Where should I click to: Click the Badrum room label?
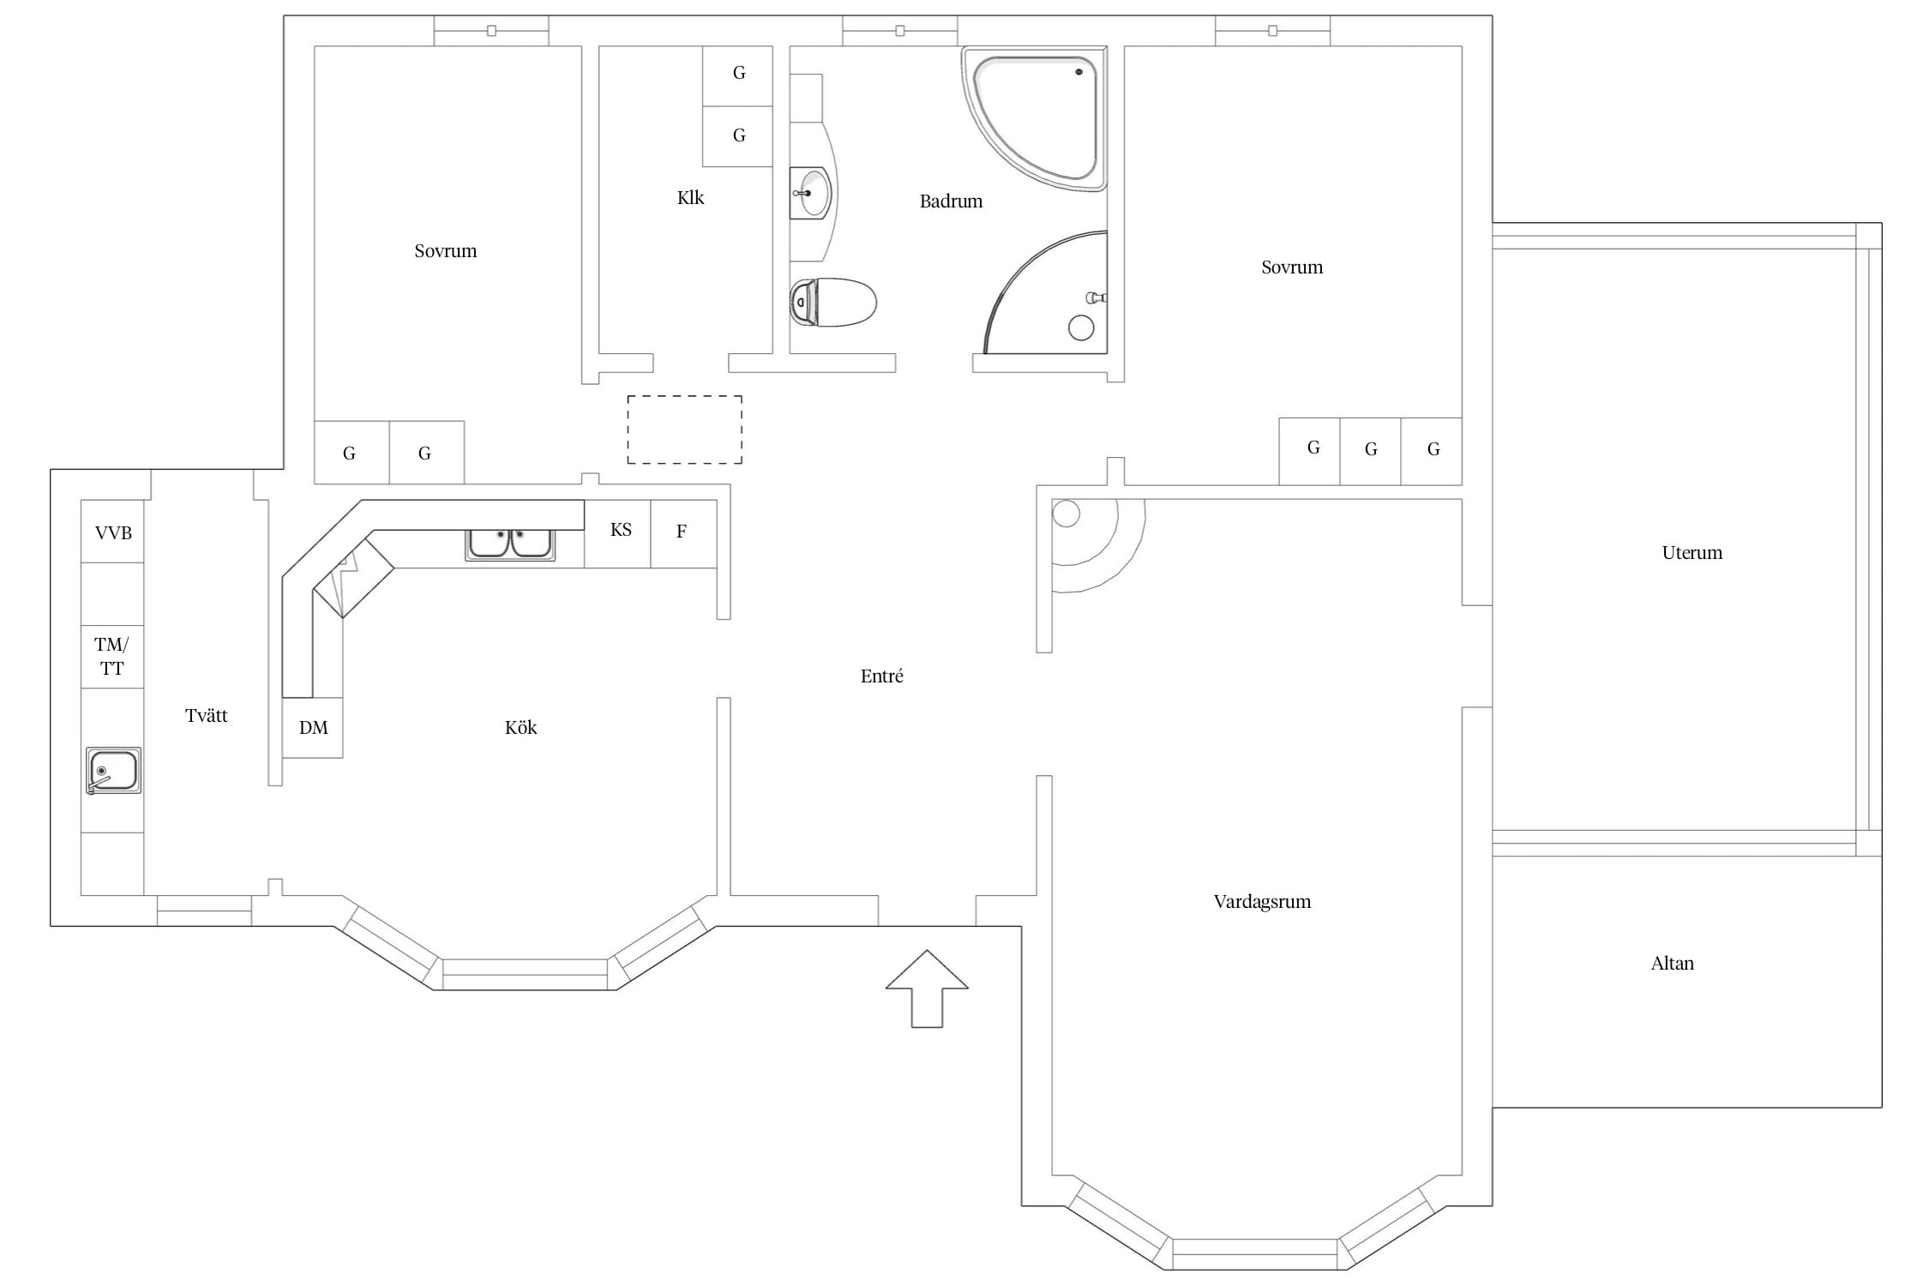coord(951,201)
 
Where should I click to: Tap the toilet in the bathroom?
coord(832,303)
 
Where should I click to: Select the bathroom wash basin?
coord(810,194)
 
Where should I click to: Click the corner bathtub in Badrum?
coord(1034,117)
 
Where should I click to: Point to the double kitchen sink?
coord(510,544)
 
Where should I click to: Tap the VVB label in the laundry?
coord(113,533)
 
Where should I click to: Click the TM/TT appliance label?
coord(111,657)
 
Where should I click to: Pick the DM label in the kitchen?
coord(313,728)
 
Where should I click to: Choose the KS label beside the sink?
coord(621,530)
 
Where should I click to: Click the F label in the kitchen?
coord(682,532)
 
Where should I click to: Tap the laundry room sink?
coord(113,771)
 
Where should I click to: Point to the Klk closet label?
coord(690,198)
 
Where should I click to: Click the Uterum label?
coord(1692,553)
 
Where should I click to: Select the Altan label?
coord(1672,964)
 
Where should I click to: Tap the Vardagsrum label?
coord(1262,902)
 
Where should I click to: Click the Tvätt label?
coord(207,716)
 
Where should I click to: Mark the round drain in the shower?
coord(1081,328)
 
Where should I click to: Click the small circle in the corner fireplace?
coord(1066,514)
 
